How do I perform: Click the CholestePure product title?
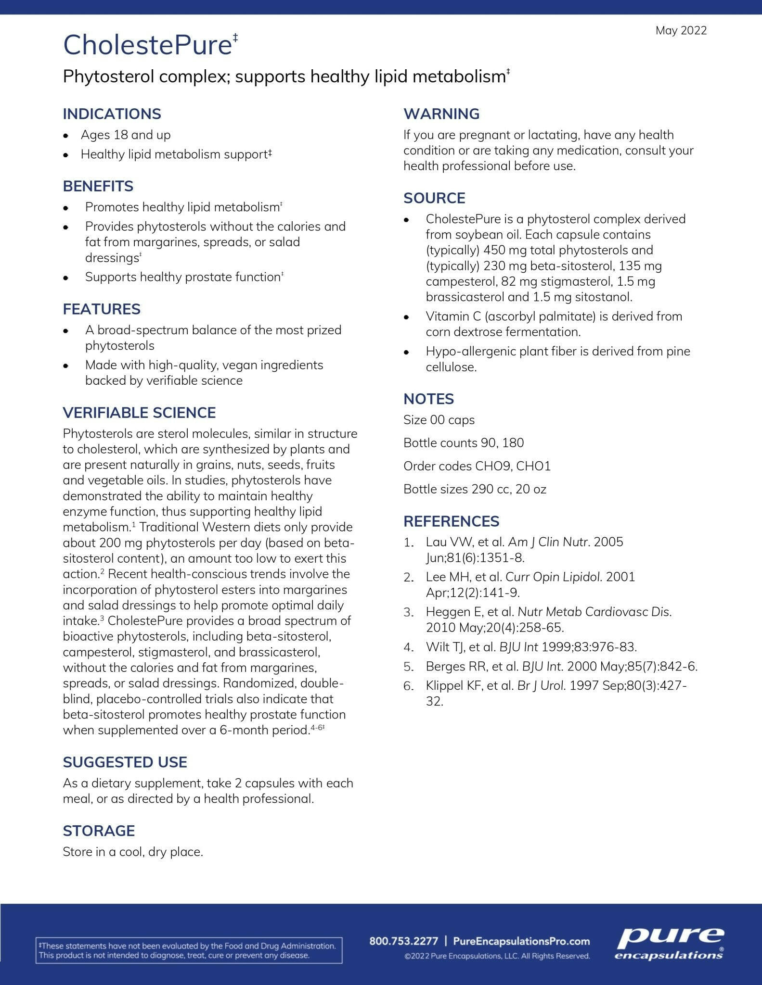pyautogui.click(x=148, y=45)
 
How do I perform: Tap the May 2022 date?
pyautogui.click(x=681, y=31)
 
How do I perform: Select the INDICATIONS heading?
pyautogui.click(x=112, y=114)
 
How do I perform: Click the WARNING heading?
pyautogui.click(x=441, y=114)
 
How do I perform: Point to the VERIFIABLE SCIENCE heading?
pyautogui.click(x=139, y=413)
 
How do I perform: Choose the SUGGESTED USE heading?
pyautogui.click(x=125, y=762)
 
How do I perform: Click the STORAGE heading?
pyautogui.click(x=99, y=831)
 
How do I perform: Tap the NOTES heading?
pyautogui.click(x=428, y=399)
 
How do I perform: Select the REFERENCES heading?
pyautogui.click(x=451, y=521)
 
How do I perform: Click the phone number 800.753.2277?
pyautogui.click(x=404, y=941)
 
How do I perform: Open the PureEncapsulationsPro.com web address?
pyautogui.click(x=521, y=941)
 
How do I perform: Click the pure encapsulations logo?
pyautogui.click(x=670, y=943)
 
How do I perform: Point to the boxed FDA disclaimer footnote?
pyautogui.click(x=189, y=950)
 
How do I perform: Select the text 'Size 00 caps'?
pyautogui.click(x=439, y=420)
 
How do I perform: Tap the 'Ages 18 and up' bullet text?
pyautogui.click(x=125, y=135)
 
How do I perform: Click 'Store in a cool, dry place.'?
pyautogui.click(x=133, y=852)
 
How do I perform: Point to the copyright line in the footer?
pyautogui.click(x=497, y=956)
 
